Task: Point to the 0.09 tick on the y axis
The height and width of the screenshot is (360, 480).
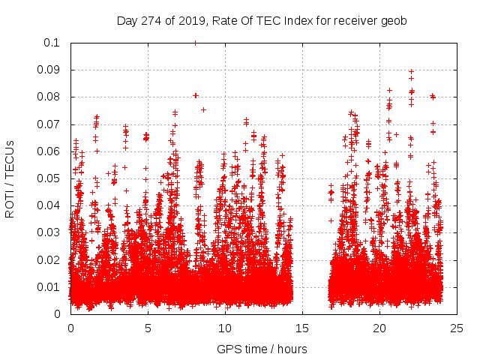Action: tap(50, 70)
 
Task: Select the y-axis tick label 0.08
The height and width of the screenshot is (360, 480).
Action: tap(50, 97)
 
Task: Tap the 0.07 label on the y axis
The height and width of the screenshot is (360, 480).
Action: tap(50, 124)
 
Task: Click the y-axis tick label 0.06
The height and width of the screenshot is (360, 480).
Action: tap(50, 151)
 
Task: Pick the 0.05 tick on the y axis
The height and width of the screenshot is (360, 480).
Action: tap(50, 178)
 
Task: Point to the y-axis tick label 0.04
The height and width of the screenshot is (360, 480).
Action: tap(50, 205)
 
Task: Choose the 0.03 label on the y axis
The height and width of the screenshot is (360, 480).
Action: tap(50, 232)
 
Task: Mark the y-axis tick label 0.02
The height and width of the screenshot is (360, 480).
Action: tap(50, 259)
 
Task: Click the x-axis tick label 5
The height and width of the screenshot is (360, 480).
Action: tap(148, 328)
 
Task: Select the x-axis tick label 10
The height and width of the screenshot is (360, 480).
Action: tap(225, 328)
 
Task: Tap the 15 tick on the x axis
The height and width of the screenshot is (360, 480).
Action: tap(302, 328)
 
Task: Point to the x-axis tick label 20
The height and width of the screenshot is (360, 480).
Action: tap(379, 328)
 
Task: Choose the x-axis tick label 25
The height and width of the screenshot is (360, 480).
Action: tap(457, 328)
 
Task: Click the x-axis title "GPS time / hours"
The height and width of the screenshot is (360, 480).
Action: tap(262, 349)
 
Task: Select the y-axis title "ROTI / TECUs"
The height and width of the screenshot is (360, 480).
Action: tap(10, 178)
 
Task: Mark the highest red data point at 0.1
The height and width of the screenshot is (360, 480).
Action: tap(195, 43)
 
